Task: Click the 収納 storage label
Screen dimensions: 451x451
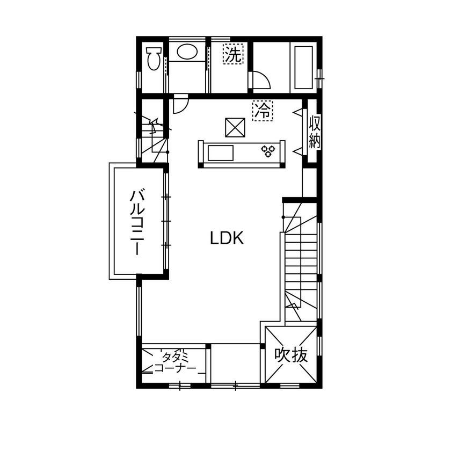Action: (315, 132)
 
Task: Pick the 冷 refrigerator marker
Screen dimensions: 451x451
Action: (263, 111)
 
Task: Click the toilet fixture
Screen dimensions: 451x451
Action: (154, 58)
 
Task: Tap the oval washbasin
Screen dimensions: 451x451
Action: (187, 52)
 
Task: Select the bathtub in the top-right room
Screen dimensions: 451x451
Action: (303, 67)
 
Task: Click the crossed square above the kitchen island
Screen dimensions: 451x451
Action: (235, 128)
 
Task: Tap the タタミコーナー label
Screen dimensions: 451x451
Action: (174, 362)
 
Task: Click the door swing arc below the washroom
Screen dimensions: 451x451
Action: (180, 104)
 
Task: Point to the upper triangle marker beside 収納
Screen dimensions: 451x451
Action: (296, 111)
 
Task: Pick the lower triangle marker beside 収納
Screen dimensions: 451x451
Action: (296, 150)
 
